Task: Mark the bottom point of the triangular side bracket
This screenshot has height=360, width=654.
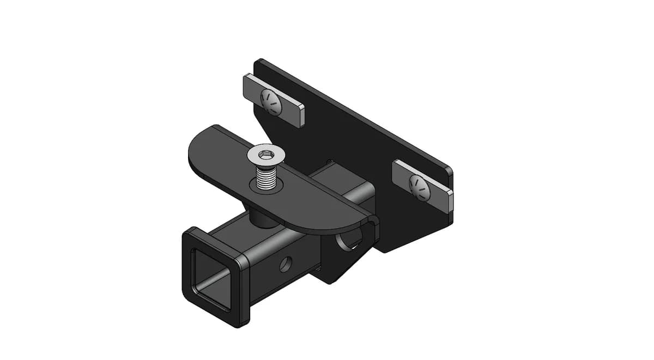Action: (330, 282)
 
